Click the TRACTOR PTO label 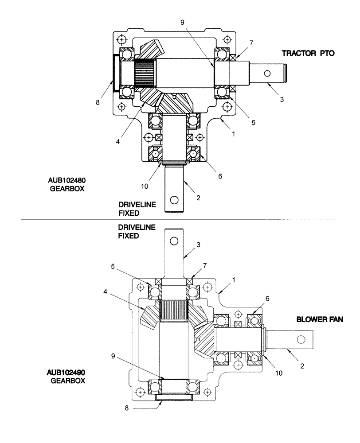pyautogui.click(x=308, y=53)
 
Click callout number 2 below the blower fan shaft pyautogui.click(x=302, y=366)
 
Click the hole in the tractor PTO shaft pyautogui.click(x=267, y=73)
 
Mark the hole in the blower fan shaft pyautogui.click(x=301, y=339)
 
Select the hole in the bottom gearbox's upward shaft pyautogui.click(x=174, y=241)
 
